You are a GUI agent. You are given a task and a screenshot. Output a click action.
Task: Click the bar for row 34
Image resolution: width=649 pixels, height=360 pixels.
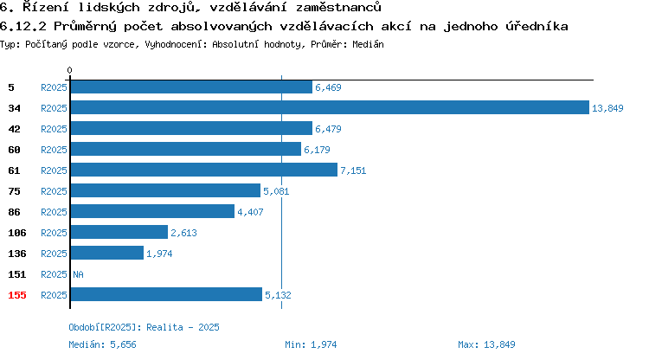330,107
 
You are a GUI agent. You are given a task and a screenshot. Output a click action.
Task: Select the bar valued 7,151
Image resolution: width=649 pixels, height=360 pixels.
204,170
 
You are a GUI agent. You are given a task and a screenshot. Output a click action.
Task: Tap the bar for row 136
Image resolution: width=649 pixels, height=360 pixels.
107,254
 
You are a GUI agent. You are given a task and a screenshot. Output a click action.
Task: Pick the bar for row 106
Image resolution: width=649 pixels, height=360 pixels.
119,233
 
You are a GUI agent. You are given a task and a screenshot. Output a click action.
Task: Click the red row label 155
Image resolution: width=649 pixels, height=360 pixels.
17,295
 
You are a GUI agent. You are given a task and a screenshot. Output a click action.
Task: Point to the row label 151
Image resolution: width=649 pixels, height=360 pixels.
17,274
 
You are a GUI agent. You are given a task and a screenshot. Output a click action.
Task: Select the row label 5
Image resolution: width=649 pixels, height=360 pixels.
11,87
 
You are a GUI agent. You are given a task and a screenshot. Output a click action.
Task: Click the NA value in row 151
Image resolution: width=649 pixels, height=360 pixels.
78,274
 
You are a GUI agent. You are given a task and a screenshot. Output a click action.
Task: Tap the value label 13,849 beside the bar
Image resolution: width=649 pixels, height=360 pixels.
607,108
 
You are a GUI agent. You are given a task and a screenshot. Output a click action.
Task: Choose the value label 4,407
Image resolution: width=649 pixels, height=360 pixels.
250,212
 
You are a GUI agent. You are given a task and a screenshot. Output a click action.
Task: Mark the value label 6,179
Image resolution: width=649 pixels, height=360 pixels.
317,150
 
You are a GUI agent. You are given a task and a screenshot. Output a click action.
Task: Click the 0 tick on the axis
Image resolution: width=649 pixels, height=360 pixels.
69,70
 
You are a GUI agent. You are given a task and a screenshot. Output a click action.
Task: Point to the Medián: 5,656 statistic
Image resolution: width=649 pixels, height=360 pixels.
102,344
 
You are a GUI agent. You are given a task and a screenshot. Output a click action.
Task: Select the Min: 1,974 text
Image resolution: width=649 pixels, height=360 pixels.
311,344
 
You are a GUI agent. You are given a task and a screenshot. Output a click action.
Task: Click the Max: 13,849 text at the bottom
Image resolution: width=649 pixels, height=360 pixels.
486,344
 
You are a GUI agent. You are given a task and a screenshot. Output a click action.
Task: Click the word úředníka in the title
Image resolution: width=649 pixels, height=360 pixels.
537,26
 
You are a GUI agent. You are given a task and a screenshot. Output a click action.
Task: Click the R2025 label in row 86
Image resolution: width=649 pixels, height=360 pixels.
54,212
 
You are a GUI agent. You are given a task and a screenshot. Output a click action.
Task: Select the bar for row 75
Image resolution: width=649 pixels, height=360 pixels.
165,190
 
